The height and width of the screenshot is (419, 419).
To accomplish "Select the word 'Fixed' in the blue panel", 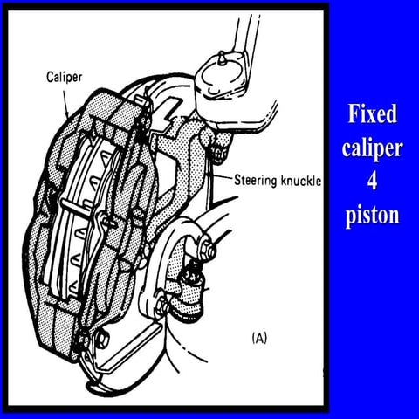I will pos(373,115).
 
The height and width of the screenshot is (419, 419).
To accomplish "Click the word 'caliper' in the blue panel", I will pos(373,148).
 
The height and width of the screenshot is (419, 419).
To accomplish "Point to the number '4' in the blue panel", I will pos(373,182).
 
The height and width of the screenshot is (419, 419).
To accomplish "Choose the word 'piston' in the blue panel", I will pos(373,215).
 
